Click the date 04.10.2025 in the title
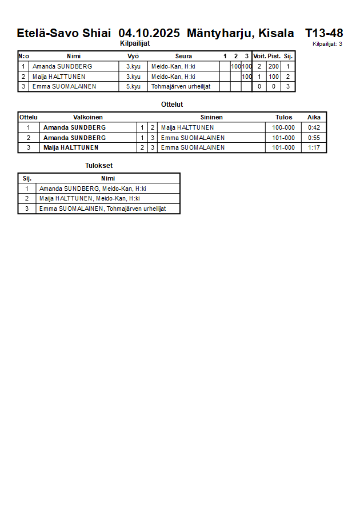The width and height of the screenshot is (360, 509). point(149,33)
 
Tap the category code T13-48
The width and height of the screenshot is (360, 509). point(324,33)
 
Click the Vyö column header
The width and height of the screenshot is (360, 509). point(133,56)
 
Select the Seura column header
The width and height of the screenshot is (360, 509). point(183,56)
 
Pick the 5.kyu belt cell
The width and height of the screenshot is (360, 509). point(133,87)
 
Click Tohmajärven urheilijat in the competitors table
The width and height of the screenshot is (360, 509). point(177,87)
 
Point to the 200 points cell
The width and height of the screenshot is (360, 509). point(274,67)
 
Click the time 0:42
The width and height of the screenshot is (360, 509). point(314,128)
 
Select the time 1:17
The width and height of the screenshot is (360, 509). point(314,148)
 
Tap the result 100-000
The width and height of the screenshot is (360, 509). point(283,128)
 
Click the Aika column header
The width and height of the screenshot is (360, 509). point(314,117)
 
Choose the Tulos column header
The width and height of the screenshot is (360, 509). point(283,117)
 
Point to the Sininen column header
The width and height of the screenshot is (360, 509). point(211,117)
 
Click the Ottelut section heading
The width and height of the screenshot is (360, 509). point(172,105)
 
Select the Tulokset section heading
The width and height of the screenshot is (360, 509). point(99,166)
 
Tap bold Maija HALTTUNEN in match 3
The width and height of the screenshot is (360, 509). point(71,148)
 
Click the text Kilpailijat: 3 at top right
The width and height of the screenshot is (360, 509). point(327,44)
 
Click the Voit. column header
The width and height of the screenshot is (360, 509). point(259,56)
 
